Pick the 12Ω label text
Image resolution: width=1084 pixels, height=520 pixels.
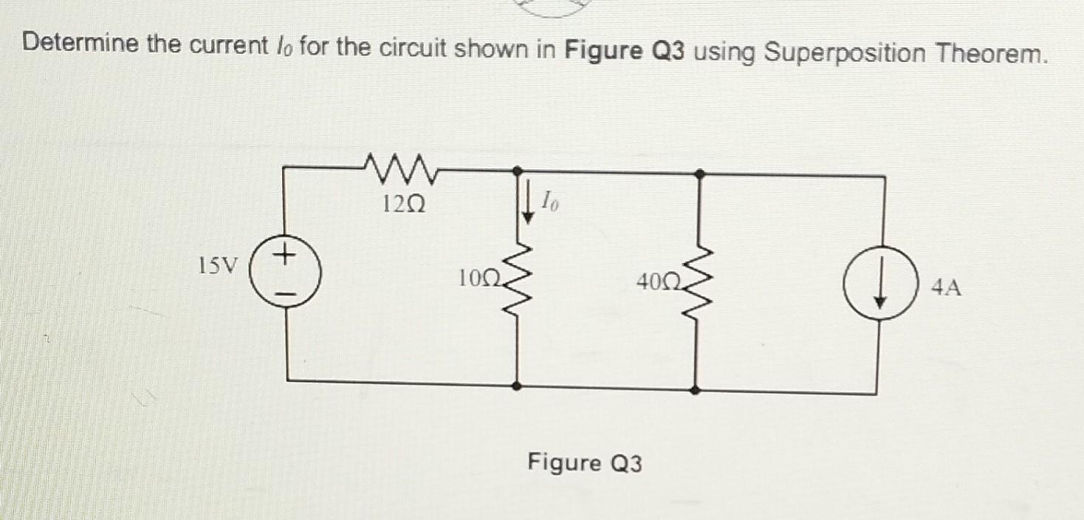tap(403, 203)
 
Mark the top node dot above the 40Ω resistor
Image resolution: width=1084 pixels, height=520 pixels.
tap(699, 174)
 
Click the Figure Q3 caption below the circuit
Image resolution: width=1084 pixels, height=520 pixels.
tap(584, 463)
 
